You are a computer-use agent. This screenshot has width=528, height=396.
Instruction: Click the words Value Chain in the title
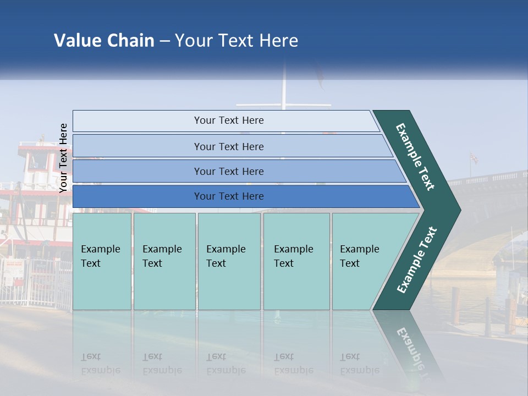point(104,41)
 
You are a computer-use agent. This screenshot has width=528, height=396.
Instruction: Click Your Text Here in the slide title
point(237,41)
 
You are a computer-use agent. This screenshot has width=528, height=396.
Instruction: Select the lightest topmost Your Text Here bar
point(228,120)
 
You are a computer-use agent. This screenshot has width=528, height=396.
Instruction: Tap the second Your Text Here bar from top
point(228,146)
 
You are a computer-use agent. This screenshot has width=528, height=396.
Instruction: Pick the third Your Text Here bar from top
point(228,171)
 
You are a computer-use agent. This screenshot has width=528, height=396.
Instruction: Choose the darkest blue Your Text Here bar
point(228,196)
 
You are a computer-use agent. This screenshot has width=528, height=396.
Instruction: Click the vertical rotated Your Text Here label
point(63,158)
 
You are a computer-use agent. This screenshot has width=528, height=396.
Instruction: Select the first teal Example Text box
point(102,261)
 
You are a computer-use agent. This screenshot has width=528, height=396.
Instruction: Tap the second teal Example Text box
point(164,261)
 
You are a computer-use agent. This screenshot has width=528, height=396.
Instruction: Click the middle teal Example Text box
point(229,261)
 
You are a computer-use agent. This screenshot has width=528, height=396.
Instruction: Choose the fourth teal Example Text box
point(296,261)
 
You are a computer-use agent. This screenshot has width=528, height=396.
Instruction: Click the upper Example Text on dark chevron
point(415,157)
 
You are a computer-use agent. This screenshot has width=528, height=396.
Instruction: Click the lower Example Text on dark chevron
point(416,260)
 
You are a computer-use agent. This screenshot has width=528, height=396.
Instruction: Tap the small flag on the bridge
point(474,158)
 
